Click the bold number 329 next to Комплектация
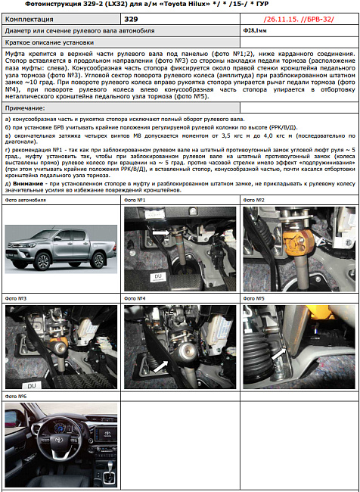131,17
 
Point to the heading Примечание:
25,109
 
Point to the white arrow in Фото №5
279,353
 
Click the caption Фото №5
254,298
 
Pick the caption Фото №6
16,396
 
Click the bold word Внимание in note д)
28,182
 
